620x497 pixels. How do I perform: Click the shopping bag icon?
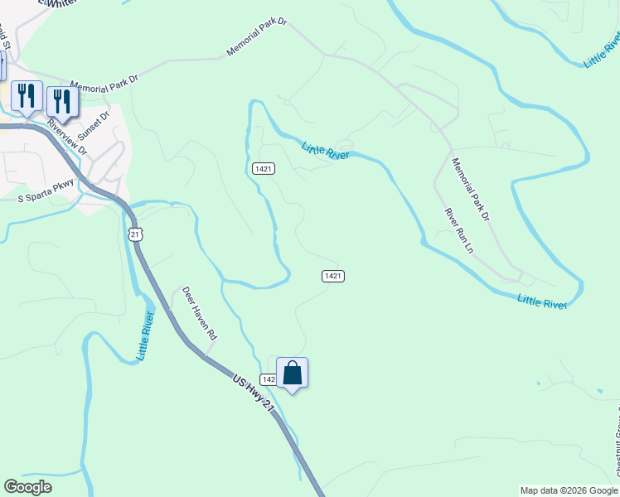292,374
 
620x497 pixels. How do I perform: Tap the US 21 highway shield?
136,234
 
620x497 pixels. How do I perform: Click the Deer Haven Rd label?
199,314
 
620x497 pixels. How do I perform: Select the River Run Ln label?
458,230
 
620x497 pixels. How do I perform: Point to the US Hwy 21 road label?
254,394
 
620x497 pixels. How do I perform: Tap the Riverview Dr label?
67,138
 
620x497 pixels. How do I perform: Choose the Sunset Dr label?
94,125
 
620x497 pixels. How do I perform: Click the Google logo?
27,487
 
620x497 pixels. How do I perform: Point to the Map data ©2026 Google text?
568,490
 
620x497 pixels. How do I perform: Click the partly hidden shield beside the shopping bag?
268,379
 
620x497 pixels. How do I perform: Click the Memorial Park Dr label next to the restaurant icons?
104,84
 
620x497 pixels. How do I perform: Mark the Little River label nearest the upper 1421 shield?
326,150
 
